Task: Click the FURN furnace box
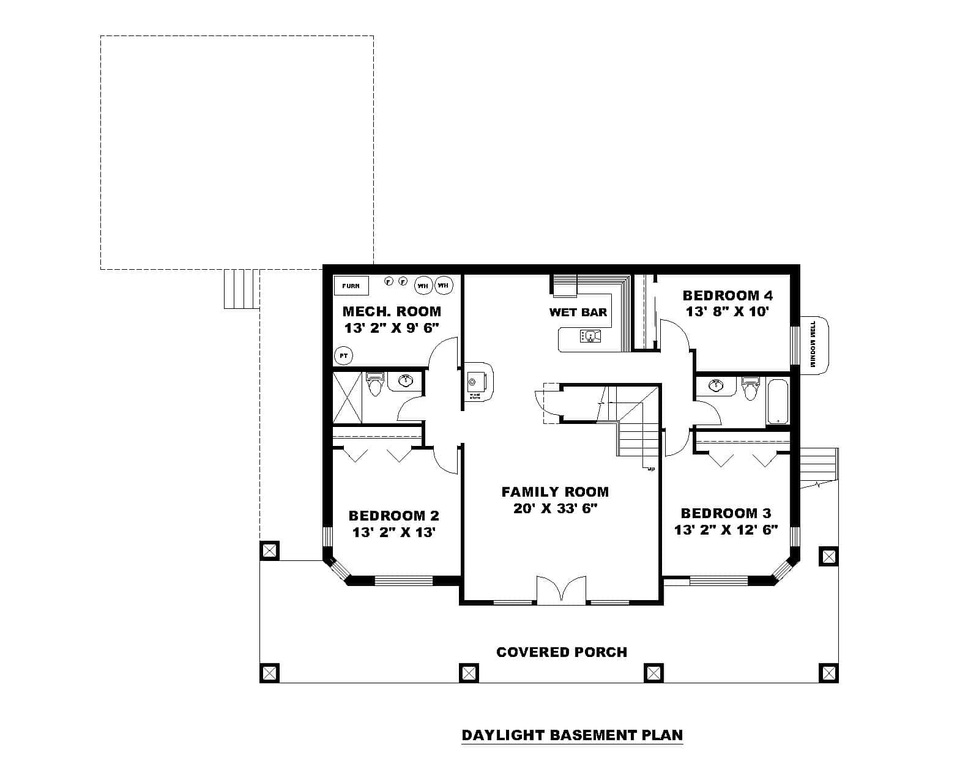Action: (351, 286)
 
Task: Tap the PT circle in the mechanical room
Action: (343, 355)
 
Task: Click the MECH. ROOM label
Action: (392, 311)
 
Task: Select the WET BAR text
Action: (578, 313)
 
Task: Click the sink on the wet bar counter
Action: (590, 336)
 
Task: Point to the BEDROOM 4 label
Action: (728, 296)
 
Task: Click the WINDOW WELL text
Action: (813, 344)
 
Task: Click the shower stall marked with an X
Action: (347, 396)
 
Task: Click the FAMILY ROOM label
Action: (555, 492)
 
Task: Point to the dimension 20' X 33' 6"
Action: (555, 508)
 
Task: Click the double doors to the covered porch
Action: (561, 591)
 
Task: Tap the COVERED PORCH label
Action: (562, 652)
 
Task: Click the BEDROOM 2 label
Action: (393, 516)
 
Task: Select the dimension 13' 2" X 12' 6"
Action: (726, 530)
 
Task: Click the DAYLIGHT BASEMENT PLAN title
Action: (572, 735)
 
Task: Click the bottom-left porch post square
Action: (269, 673)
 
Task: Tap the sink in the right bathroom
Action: (716, 385)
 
